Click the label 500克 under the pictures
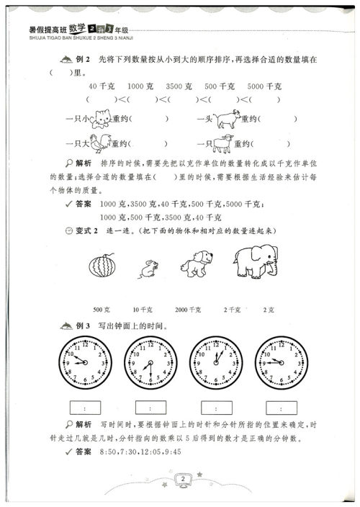[x=101, y=310]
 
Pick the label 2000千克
[x=186, y=310]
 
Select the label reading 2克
[x=269, y=310]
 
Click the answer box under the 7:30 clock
[x=149, y=406]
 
